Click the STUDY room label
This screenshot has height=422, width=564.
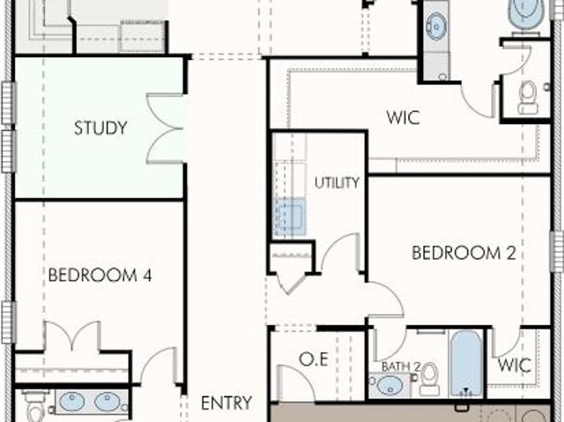100,128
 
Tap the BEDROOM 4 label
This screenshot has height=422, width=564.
100,276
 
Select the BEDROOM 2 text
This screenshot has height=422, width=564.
464,253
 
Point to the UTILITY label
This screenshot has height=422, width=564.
337,183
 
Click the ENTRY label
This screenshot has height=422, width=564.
226,403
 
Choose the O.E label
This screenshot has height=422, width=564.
314,359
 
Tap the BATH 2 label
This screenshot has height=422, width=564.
401,367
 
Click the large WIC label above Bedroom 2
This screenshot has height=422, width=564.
403,117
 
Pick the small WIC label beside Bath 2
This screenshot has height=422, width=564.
515,366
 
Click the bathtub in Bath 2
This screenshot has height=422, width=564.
466,364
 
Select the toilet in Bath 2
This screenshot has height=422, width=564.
430,379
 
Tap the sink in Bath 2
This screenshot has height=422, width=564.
390,385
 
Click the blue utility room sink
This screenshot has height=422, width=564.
290,217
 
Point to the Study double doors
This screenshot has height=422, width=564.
167,129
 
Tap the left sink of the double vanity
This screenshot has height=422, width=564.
72,402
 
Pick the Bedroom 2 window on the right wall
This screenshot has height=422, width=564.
557,252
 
